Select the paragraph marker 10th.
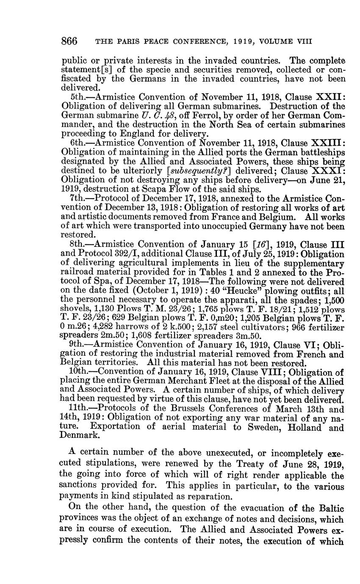click(79, 372)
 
